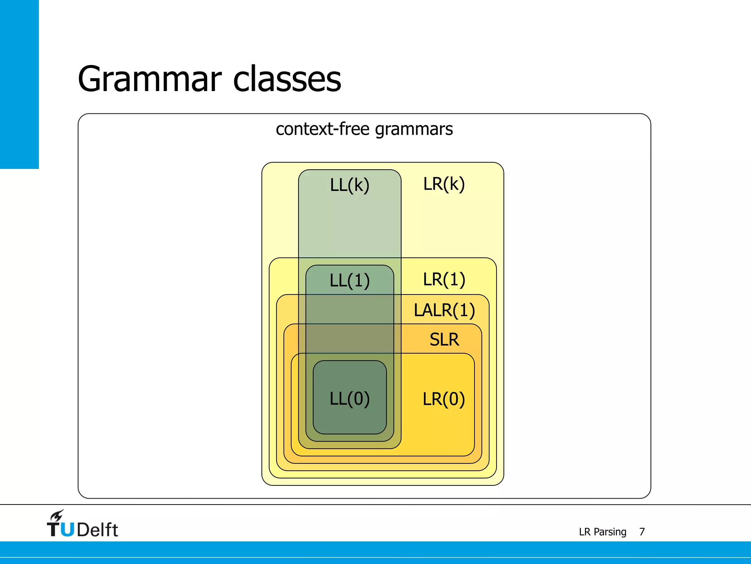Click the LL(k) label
(x=349, y=185)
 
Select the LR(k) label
(x=444, y=184)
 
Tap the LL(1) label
(x=349, y=281)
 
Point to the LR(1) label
(x=444, y=279)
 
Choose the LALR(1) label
(x=444, y=310)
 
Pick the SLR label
(x=444, y=340)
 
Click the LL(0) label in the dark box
(x=349, y=399)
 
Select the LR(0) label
(x=444, y=399)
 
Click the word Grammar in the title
(x=150, y=79)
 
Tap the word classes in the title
(x=287, y=79)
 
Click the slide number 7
(x=642, y=532)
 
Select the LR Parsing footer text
(x=602, y=532)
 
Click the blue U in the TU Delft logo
(x=67, y=529)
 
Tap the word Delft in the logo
(x=98, y=529)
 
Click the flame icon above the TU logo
(x=57, y=515)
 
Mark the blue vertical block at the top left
(x=19, y=84)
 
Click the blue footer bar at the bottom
(x=375, y=552)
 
